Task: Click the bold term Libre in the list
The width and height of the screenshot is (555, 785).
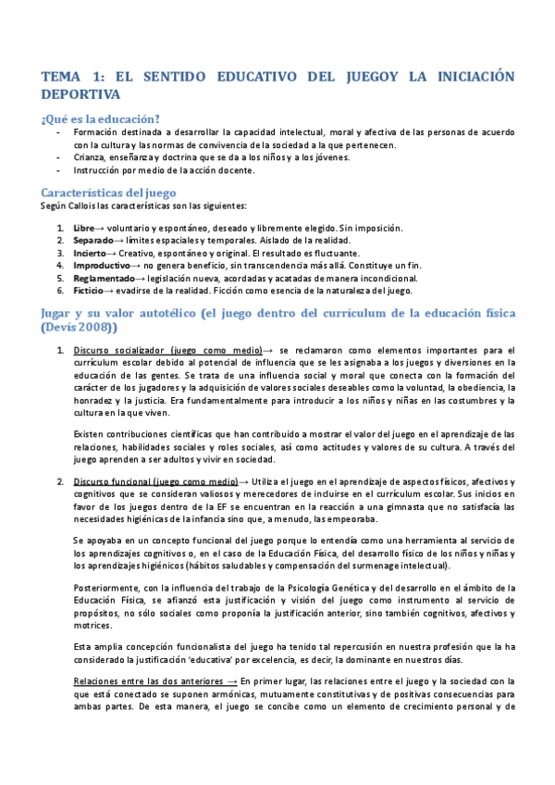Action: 82,228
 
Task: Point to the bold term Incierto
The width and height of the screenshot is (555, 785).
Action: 91,253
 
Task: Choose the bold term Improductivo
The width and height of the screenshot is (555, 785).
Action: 102,265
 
